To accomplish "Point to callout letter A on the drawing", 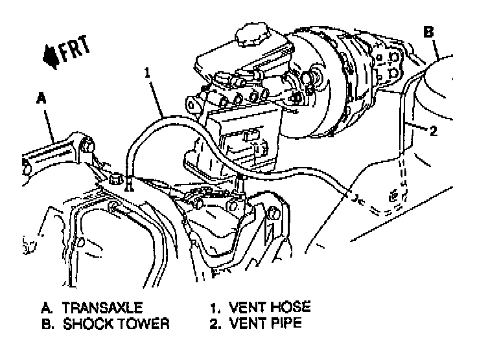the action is [41, 98].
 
